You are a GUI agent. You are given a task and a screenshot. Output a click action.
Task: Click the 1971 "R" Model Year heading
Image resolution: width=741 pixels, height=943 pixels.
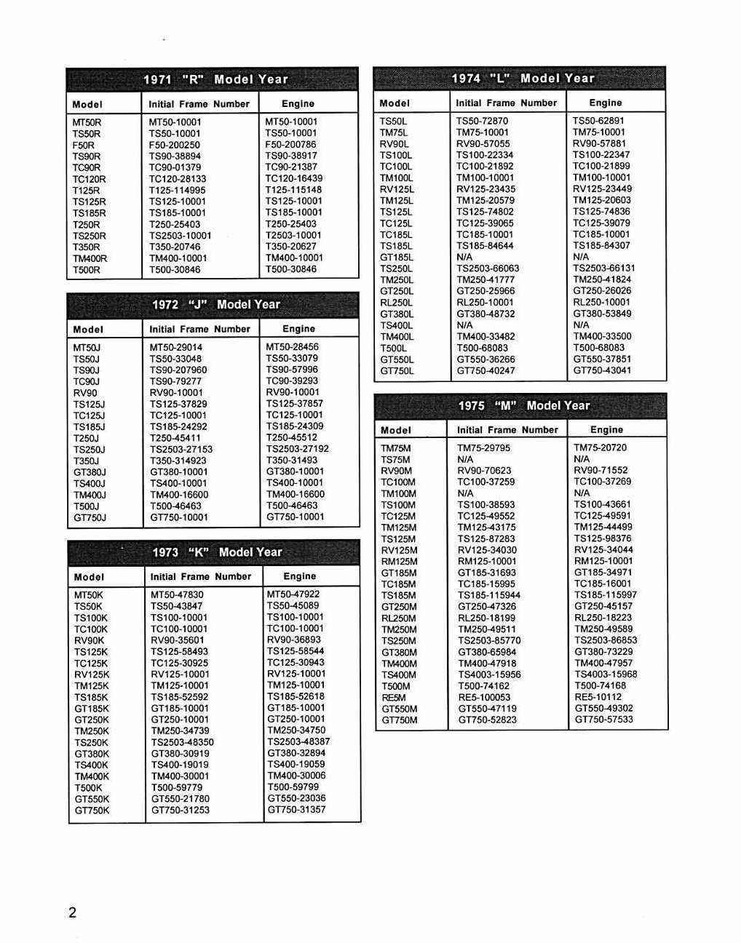point(215,79)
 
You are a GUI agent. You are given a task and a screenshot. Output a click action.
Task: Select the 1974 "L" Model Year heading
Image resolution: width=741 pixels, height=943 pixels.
point(523,79)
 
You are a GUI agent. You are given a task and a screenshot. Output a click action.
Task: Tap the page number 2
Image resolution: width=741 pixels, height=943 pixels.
point(72,912)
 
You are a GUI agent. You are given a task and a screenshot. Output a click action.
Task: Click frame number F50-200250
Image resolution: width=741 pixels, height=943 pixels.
point(174,145)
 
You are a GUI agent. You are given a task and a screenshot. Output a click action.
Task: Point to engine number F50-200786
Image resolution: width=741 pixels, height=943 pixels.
point(290,145)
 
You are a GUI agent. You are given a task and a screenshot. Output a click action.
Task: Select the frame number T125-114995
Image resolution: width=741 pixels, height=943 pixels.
point(177,190)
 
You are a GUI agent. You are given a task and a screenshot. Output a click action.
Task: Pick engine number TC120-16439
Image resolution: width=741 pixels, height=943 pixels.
point(293,178)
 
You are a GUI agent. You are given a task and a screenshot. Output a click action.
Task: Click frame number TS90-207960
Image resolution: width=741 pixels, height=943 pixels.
point(178,370)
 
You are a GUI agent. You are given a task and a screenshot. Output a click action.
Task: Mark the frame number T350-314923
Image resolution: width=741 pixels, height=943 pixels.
point(178,461)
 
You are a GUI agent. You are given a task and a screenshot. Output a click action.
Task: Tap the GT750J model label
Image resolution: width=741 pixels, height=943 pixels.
point(90,518)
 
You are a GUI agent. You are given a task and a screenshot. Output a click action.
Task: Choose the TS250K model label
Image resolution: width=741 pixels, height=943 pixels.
point(91,742)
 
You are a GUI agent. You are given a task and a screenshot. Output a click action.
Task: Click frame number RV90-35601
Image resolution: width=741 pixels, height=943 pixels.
point(177,640)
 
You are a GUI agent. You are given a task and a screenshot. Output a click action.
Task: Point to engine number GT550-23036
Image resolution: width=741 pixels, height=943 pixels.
point(296,798)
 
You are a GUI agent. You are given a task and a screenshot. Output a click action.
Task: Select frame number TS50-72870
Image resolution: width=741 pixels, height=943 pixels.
point(482,121)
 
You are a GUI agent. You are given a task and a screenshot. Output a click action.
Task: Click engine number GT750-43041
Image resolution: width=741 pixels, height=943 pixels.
point(602,370)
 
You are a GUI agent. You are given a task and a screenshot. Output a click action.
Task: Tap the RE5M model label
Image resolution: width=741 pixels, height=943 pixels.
point(393,697)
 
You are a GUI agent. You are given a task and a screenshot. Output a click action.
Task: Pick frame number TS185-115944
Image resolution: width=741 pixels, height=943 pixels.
point(488,595)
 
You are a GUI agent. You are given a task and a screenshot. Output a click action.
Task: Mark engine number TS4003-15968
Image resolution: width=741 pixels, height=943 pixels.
point(606,675)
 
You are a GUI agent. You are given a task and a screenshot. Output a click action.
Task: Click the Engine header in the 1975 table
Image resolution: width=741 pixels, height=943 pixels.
point(606,430)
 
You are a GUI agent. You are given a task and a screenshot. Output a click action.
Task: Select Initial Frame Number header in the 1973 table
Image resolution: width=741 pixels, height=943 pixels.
point(200,576)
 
